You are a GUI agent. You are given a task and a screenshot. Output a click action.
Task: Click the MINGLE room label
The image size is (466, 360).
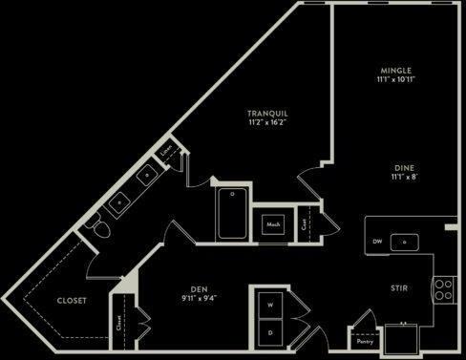[394, 71]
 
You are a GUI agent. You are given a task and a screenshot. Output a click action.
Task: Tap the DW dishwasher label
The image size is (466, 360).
[378, 242]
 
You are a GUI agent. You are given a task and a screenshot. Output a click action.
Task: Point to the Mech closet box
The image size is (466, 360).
[273, 224]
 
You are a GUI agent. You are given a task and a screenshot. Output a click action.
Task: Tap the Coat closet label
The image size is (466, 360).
[304, 223]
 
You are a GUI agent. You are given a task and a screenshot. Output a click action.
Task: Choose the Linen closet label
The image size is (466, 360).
[167, 150]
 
